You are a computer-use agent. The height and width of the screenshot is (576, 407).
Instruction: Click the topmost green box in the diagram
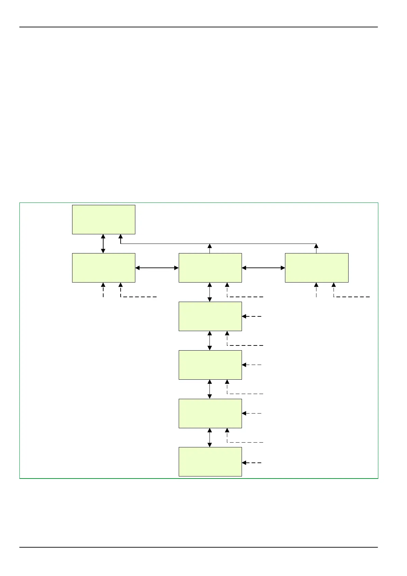pos(104,220)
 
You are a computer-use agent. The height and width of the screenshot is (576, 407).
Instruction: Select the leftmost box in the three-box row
pos(104,268)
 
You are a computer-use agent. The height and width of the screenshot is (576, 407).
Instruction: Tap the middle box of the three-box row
pos(210,268)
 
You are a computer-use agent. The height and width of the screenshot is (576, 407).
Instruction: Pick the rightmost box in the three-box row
pos(316,268)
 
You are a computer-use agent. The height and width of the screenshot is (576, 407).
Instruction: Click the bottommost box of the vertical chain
pos(210,461)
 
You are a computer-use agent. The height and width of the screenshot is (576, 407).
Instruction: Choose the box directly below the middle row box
pos(210,316)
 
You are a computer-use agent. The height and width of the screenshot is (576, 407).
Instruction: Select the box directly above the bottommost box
pos(210,413)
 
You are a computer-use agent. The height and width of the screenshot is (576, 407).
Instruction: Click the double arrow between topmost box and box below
pos(103,244)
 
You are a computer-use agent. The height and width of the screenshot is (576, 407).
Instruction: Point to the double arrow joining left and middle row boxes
pos(157,268)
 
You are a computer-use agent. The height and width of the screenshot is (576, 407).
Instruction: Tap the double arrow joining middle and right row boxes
pos(263,268)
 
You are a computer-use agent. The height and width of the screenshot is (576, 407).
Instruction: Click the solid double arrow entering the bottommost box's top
pos(210,437)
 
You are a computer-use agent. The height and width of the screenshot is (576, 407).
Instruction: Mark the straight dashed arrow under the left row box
pos(103,290)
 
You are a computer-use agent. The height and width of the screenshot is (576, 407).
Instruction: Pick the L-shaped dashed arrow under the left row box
pos(137,297)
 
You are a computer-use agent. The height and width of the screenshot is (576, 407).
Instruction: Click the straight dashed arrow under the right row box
pos(316,290)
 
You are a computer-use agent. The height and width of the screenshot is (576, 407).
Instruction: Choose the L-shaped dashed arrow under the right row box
pos(350,297)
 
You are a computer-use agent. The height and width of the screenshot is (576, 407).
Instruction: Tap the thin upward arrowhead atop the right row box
pos(316,246)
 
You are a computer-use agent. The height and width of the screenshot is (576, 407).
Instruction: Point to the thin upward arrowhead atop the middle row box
pos(210,246)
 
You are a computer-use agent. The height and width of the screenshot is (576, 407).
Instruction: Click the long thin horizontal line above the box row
pos(219,244)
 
